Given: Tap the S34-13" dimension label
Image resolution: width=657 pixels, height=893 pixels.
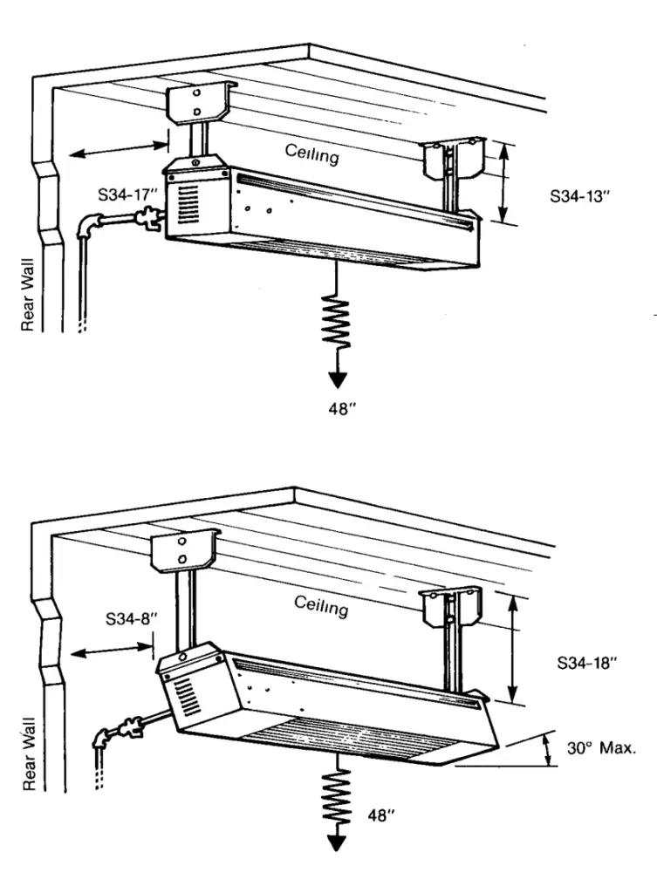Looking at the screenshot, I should (x=578, y=197).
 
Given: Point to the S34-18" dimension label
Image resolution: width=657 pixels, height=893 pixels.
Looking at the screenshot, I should (x=587, y=662).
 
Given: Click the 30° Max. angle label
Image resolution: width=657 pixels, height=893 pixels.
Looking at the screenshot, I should (x=604, y=747).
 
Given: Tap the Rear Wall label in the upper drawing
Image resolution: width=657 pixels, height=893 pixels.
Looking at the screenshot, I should (x=27, y=306).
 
